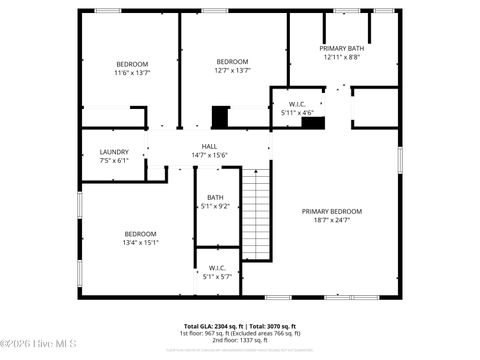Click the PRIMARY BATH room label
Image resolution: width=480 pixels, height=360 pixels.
342,48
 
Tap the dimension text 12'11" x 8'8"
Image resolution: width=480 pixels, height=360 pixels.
342,57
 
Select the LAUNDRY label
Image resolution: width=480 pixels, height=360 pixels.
114,152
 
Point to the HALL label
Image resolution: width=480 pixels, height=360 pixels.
210,146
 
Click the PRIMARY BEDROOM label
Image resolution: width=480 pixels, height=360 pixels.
332,211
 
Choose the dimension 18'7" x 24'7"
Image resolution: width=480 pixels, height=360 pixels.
332,220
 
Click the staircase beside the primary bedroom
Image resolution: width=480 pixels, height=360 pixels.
256,214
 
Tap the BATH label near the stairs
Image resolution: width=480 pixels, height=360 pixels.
216,197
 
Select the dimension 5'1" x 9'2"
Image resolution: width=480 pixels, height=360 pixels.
216,206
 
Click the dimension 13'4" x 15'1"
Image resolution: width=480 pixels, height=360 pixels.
140,242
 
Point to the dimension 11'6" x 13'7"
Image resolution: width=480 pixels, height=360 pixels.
131,72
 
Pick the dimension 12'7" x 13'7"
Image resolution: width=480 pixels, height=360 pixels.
232,70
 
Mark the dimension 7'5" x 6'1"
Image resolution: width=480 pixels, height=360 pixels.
114,161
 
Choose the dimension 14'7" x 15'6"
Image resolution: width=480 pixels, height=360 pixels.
210,155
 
